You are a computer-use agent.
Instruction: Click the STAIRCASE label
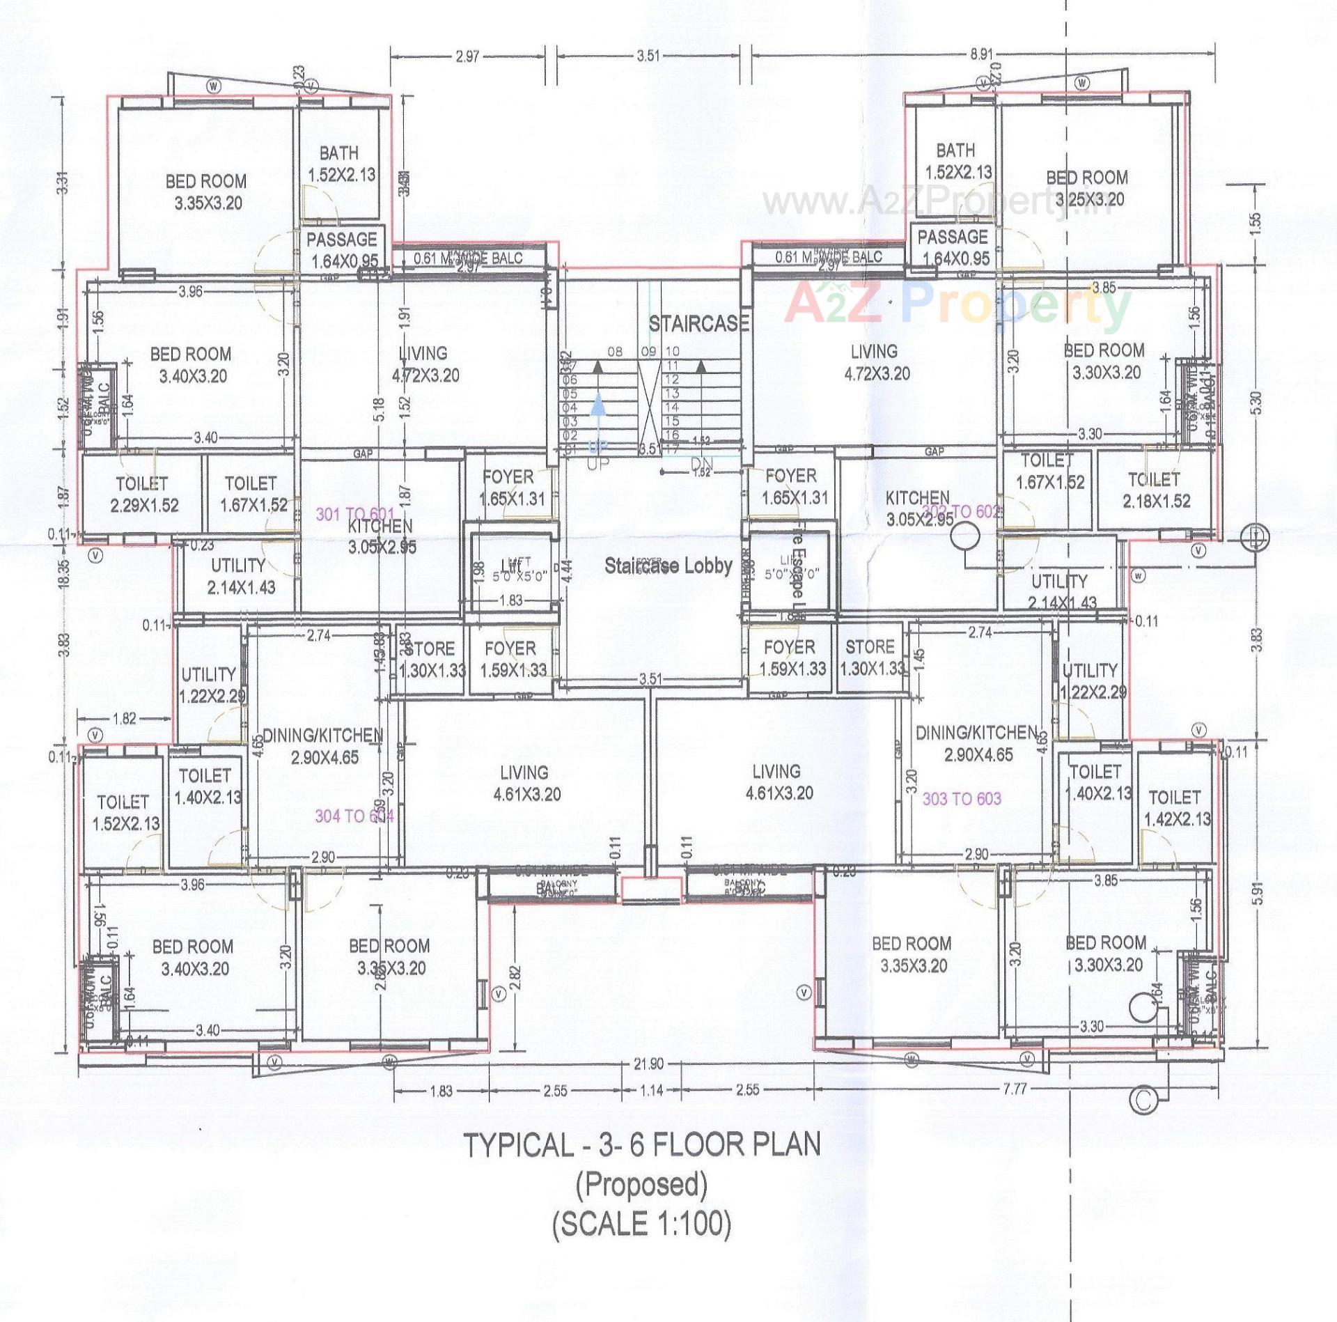(698, 324)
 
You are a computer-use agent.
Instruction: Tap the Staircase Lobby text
(668, 566)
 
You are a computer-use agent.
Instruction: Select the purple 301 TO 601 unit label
(355, 514)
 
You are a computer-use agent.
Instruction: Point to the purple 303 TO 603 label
(962, 798)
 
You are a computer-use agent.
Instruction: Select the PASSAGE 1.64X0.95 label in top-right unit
(952, 247)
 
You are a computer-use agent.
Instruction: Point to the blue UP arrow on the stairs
(597, 411)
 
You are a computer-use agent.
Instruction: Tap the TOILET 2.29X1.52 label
(144, 495)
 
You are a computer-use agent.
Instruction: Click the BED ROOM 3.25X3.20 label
(1087, 188)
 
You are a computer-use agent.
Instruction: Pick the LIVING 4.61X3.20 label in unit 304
(525, 783)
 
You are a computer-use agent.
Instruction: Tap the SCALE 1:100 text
(641, 1222)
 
